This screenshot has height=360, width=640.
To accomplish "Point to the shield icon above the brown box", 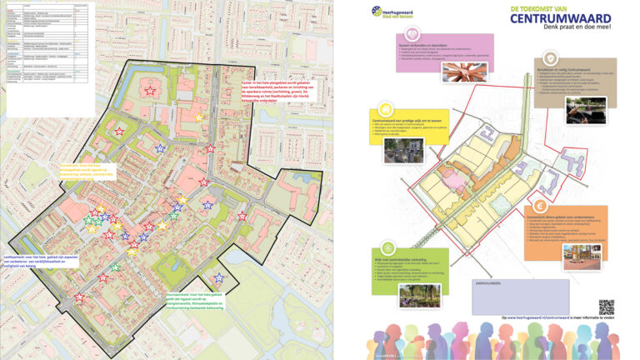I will [x=551, y=57].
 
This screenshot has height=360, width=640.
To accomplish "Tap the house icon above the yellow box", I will [x=386, y=109].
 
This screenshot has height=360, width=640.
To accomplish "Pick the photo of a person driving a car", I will [x=586, y=110].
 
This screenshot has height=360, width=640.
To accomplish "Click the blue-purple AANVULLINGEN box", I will [x=508, y=297].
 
